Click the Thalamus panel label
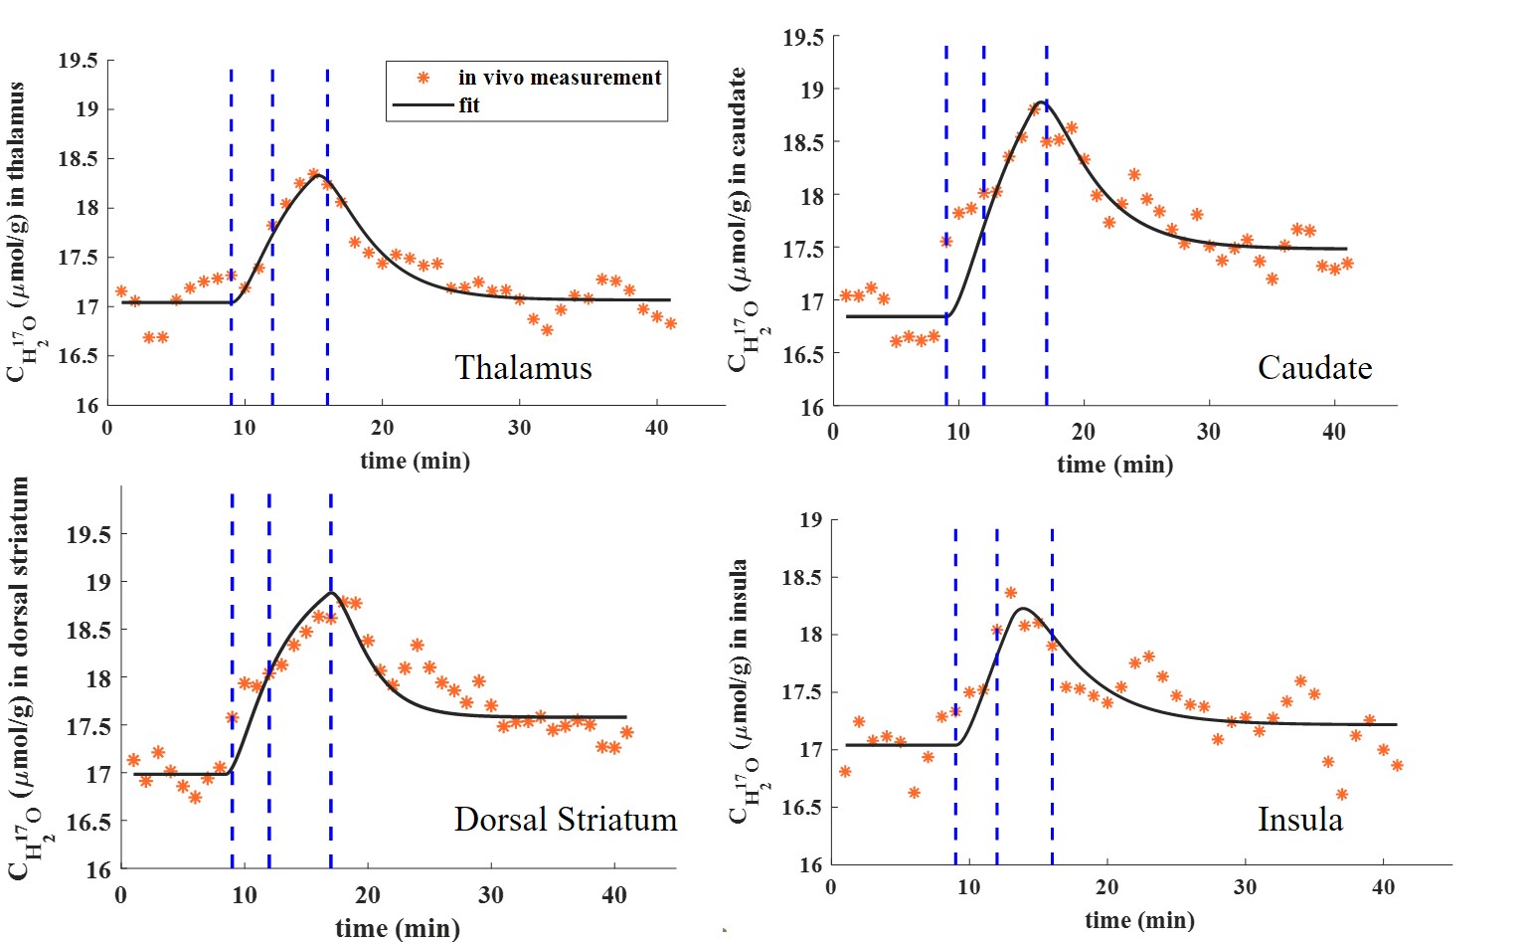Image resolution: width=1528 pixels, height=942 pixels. [x=523, y=368]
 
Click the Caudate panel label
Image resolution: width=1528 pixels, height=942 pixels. [x=1314, y=368]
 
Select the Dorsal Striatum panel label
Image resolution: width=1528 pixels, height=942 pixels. [x=565, y=820]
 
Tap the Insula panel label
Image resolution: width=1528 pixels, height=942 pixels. [x=1299, y=820]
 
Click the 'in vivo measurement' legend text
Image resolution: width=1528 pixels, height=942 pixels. [x=560, y=78]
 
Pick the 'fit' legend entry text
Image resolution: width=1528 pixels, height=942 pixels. [x=469, y=105]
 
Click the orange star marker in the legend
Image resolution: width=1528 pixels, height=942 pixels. [x=424, y=78]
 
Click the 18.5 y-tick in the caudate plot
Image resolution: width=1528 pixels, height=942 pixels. [x=803, y=142]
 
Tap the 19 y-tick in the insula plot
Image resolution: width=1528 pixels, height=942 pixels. [x=811, y=519]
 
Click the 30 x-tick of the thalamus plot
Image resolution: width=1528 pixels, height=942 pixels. [x=519, y=429]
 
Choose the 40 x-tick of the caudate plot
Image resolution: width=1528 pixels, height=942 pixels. [x=1334, y=432]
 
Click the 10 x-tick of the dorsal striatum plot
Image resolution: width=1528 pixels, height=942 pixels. [x=245, y=895]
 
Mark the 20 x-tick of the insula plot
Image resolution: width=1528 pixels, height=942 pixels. [x=1106, y=887]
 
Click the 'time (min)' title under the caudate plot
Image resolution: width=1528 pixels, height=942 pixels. [x=1114, y=465]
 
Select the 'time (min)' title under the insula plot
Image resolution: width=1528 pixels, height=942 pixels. [x=1139, y=920]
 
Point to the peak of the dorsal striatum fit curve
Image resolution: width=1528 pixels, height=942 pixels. [x=330, y=593]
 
